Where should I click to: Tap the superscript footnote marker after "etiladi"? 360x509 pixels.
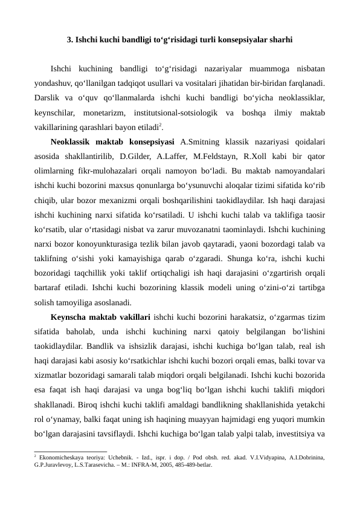161,126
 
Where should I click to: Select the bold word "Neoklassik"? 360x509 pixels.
71,143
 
